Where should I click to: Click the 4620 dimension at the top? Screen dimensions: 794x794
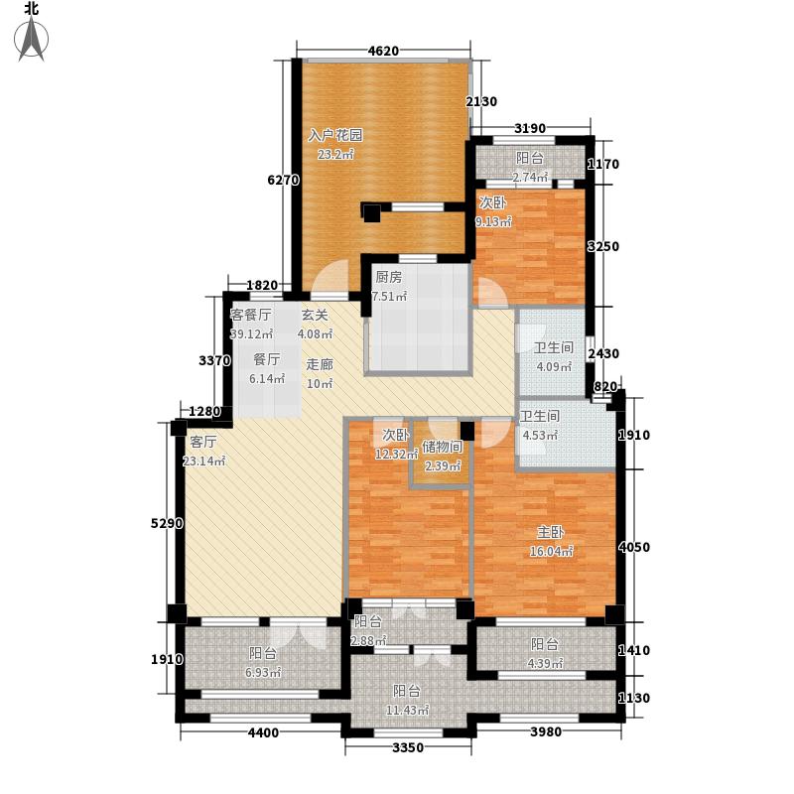[383, 52]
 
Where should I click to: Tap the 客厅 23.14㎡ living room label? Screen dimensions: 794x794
[206, 452]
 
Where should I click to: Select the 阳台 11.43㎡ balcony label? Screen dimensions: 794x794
[407, 701]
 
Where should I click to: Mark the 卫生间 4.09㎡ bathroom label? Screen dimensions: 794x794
[554, 357]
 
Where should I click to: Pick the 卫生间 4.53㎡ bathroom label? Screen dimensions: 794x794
[541, 425]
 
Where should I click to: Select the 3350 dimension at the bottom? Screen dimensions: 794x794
[408, 746]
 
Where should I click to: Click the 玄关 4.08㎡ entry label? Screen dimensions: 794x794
[317, 325]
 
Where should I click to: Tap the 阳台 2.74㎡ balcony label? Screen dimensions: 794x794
[530, 166]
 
